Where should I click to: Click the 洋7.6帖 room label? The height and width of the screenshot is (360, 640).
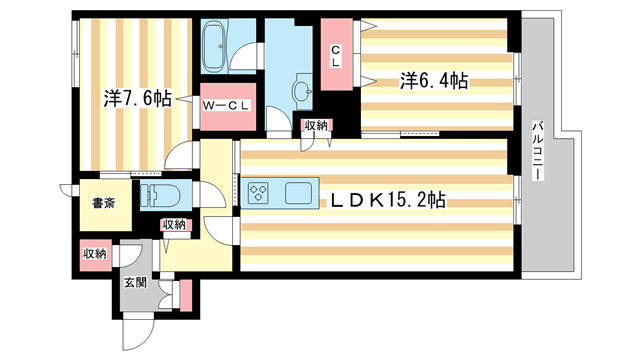(x=137, y=99)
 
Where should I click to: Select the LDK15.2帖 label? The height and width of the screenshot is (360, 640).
(x=382, y=200)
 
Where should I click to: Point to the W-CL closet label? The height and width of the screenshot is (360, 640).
(x=226, y=104)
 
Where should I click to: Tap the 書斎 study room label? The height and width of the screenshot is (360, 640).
(x=104, y=203)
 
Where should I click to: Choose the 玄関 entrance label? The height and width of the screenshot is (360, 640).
(x=135, y=283)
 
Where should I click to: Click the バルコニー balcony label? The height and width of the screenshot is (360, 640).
(x=538, y=150)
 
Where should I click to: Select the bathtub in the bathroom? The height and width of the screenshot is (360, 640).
(x=214, y=46)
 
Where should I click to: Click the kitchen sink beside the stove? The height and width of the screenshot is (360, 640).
(x=298, y=192)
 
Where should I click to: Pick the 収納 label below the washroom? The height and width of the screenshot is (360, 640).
(x=316, y=125)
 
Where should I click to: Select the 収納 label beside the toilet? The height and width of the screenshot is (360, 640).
(x=174, y=225)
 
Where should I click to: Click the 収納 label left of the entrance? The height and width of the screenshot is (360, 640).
(x=95, y=254)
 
